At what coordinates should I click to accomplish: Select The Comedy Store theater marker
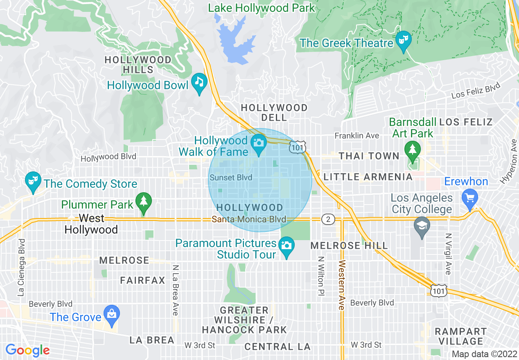(x=32, y=181)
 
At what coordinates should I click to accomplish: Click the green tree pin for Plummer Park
(x=143, y=202)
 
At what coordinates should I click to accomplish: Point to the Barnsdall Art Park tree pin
(x=413, y=149)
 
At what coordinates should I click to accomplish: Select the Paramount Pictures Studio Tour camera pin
(x=286, y=246)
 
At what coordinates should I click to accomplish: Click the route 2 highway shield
(x=328, y=219)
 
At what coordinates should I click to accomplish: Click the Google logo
(x=27, y=350)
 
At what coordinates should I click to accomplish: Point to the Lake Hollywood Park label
(x=262, y=8)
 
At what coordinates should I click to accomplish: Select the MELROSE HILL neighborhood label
(x=349, y=246)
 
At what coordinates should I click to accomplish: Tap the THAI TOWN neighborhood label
(x=369, y=156)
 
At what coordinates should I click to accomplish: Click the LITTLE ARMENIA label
(x=368, y=177)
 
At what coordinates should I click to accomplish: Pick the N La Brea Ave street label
(x=175, y=290)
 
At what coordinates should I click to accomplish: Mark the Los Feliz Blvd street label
(x=476, y=91)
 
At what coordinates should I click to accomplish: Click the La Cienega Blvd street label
(x=22, y=268)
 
